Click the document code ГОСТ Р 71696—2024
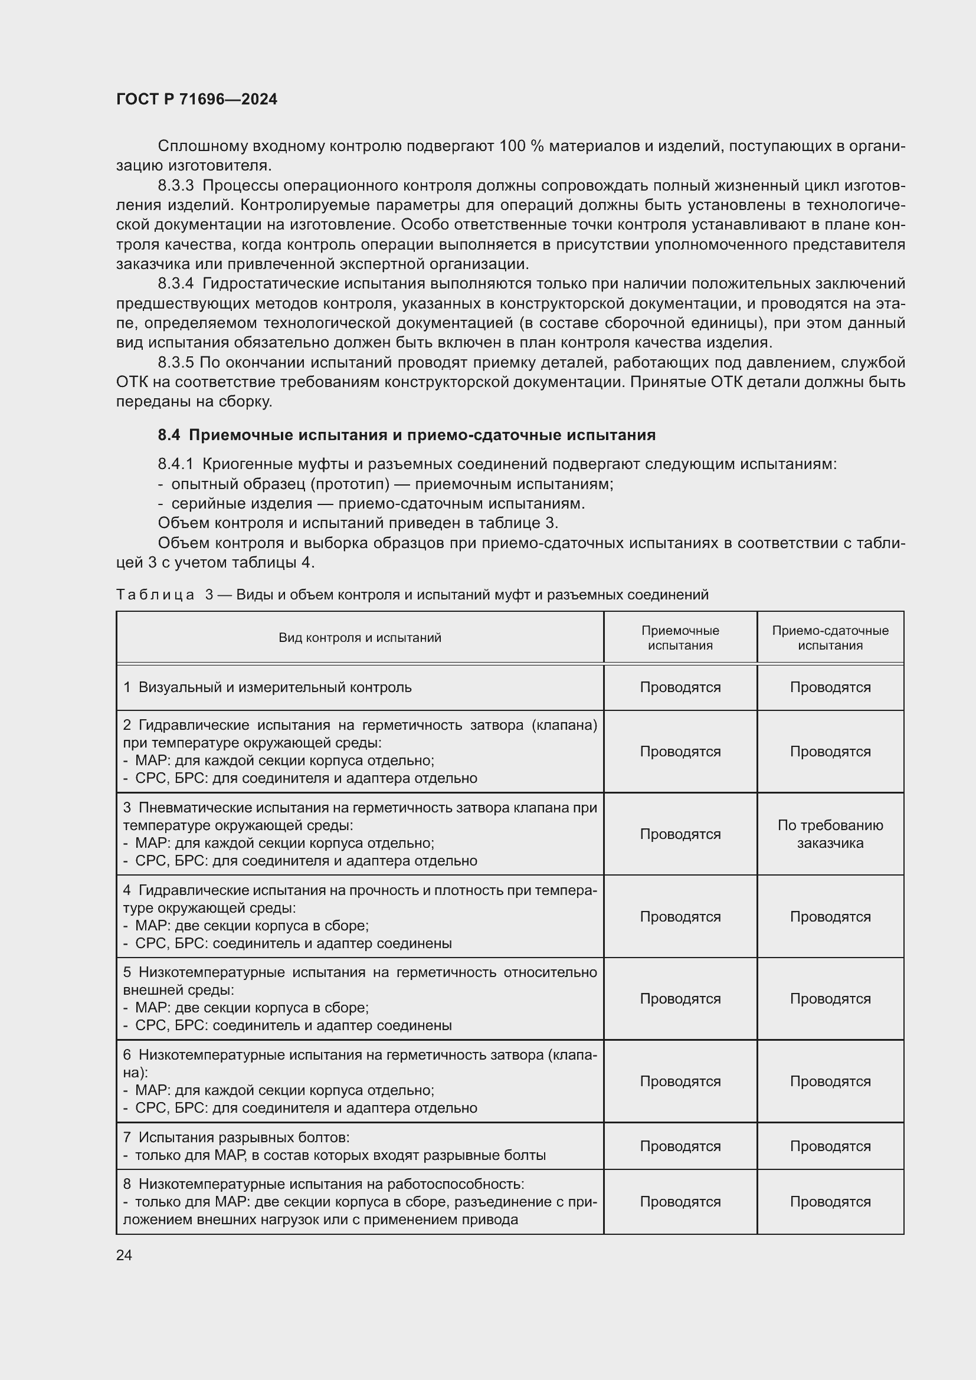[x=196, y=99]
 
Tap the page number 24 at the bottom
[x=124, y=1255]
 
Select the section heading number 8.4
[x=169, y=435]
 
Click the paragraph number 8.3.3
[x=176, y=186]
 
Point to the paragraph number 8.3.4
[x=176, y=284]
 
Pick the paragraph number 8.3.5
[x=176, y=362]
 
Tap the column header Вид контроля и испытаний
[x=359, y=638]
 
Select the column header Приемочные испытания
[x=680, y=638]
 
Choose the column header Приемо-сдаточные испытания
[x=830, y=638]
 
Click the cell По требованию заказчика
[x=830, y=834]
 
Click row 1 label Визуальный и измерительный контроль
[x=274, y=687]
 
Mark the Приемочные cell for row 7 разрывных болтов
[x=680, y=1146]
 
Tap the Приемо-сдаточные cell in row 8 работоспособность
[x=830, y=1201]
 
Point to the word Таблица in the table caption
[x=155, y=595]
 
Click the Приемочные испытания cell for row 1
[x=680, y=687]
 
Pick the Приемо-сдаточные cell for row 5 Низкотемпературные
[x=830, y=998]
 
